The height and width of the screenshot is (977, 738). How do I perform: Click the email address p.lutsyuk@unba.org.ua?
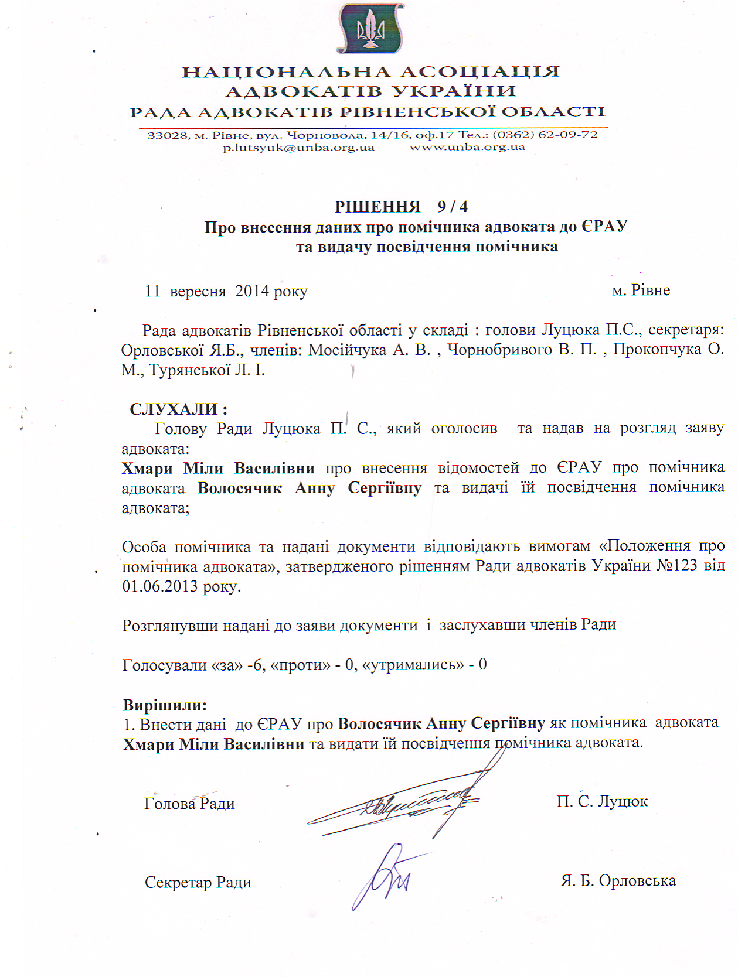tap(298, 148)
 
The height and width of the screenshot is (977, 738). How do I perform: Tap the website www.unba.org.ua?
tap(467, 147)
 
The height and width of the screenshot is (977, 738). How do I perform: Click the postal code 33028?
tap(168, 135)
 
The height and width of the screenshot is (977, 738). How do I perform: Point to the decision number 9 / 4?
tap(453, 207)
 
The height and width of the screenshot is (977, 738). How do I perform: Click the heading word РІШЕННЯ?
tap(377, 207)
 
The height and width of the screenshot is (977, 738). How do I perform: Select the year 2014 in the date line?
tap(252, 291)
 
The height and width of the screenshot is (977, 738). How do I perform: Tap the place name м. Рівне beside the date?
tap(641, 291)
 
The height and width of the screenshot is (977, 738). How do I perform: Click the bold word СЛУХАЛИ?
tap(174, 409)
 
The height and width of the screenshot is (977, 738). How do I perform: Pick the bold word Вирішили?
tap(165, 705)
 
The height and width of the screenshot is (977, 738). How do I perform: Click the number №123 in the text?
tap(672, 566)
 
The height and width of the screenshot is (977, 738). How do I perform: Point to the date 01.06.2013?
tap(159, 586)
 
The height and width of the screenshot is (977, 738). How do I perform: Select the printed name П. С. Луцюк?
tap(602, 801)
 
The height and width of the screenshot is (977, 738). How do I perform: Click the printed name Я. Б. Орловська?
tap(618, 881)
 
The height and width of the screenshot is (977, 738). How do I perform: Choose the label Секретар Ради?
tap(198, 883)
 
